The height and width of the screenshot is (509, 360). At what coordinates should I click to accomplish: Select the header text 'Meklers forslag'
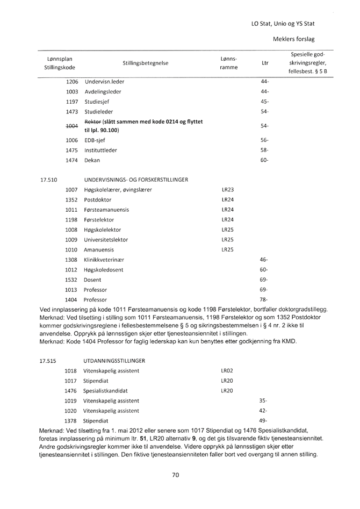294,39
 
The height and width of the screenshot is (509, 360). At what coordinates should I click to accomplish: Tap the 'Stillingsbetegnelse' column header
145,63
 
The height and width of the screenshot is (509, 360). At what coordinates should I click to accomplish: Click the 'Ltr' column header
264,63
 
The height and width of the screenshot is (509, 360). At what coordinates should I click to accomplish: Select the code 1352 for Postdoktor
71,199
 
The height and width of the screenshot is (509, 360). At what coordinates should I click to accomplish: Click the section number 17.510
48,180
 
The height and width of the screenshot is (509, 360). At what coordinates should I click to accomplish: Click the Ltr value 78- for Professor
264,299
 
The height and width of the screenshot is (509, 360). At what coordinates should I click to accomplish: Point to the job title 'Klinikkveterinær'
104,260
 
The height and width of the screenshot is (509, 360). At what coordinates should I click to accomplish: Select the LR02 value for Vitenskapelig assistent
226,370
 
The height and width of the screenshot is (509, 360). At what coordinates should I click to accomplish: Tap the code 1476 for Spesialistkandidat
70,391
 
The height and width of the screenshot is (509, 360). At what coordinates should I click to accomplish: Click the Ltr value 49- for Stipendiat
263,420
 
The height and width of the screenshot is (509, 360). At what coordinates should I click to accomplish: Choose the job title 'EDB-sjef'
95,140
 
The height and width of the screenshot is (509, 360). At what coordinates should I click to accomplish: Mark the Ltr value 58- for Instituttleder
264,150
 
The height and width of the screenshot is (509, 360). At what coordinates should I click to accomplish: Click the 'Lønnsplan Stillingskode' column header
59,63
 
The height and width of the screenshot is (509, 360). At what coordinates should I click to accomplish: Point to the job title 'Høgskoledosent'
103,269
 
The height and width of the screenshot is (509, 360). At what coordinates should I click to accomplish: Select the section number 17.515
48,360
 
